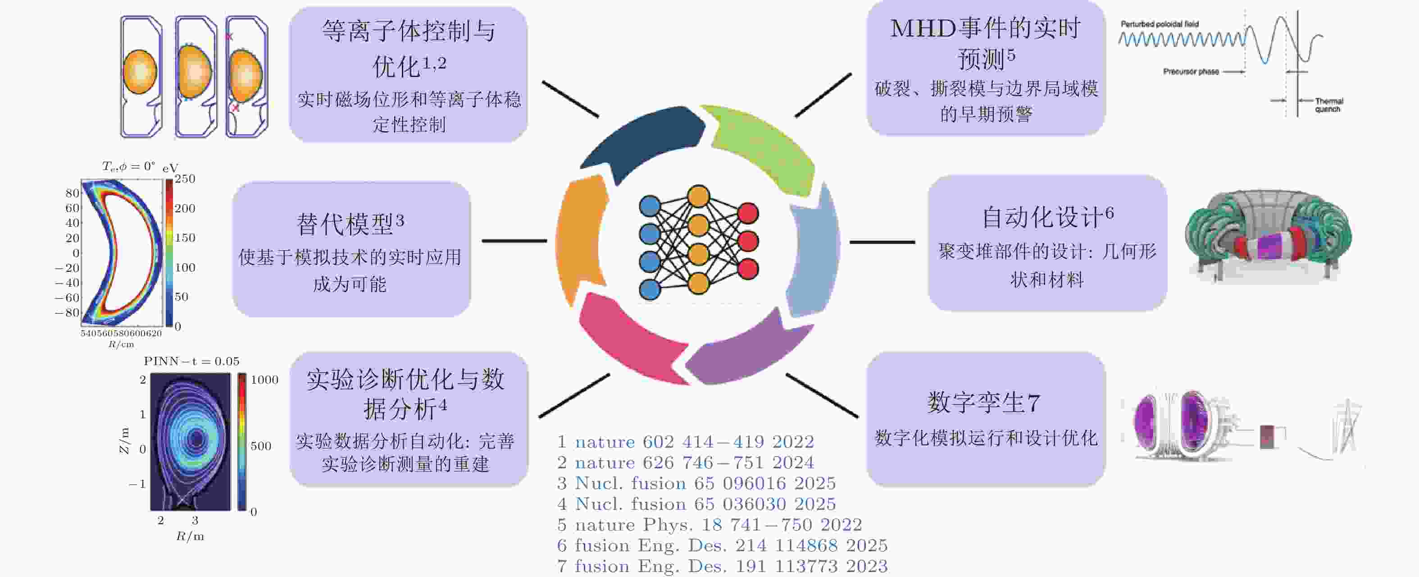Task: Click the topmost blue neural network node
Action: point(650,206)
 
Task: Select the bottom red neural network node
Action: point(747,270)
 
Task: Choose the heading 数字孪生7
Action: point(984,402)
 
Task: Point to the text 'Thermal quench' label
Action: point(1328,105)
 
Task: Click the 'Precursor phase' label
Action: point(1191,72)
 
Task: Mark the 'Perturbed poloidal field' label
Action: point(1159,24)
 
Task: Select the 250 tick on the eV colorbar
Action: point(185,179)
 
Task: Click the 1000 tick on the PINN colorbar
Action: point(264,380)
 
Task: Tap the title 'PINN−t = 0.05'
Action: point(191,362)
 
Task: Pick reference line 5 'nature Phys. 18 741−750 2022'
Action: point(709,525)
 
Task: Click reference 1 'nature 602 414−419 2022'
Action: point(686,442)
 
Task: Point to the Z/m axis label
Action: point(124,441)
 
